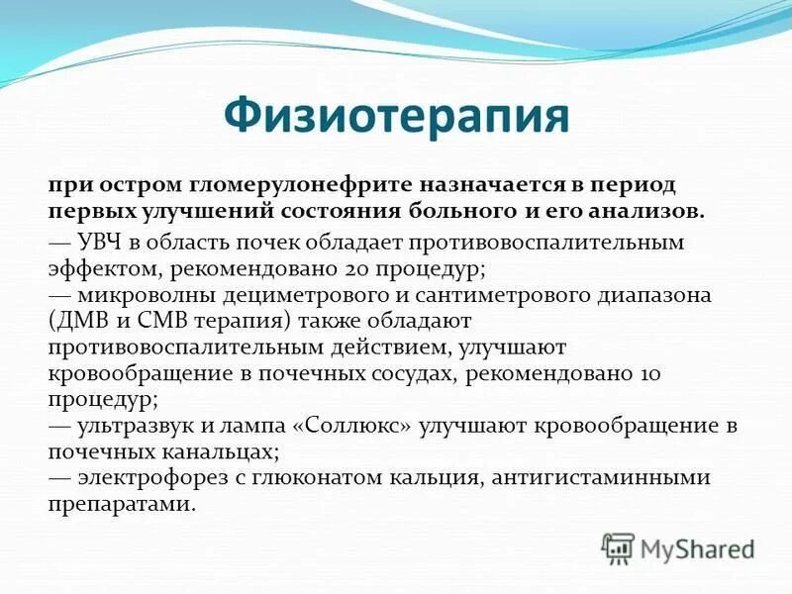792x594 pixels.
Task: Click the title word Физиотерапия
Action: click(396, 117)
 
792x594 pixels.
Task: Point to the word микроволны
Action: click(131, 296)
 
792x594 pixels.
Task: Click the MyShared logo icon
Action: click(618, 546)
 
